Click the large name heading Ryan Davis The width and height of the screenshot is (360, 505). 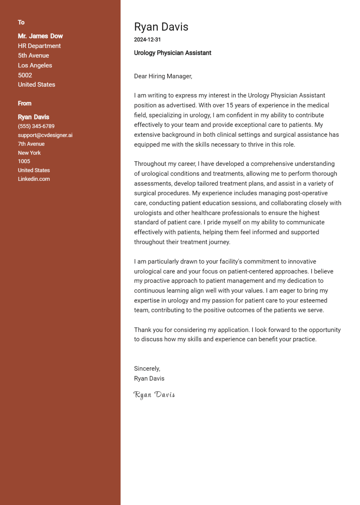(x=161, y=27)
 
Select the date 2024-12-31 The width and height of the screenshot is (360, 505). (x=147, y=40)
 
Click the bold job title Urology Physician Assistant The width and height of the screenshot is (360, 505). (x=173, y=53)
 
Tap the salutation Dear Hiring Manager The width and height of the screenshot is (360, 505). (x=163, y=76)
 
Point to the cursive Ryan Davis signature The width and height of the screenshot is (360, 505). (x=154, y=395)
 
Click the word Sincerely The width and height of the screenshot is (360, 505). (x=147, y=369)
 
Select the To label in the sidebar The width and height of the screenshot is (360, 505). (x=21, y=22)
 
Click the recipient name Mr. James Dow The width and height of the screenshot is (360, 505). (x=40, y=36)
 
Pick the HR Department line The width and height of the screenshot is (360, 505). (x=39, y=46)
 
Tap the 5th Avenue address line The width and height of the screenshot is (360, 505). (x=34, y=56)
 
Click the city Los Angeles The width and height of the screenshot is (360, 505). (x=35, y=65)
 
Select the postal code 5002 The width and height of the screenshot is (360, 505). (x=25, y=75)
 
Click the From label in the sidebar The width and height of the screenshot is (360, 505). (x=25, y=104)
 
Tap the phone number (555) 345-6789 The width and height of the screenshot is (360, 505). (x=36, y=126)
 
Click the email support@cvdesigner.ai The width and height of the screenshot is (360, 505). (x=45, y=135)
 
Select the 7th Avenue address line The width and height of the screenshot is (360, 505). (x=31, y=144)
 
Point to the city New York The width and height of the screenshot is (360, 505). (x=29, y=153)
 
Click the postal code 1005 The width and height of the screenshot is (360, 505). (x=24, y=161)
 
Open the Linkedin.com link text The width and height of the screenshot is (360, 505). (x=34, y=179)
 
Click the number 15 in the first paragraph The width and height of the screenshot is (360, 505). (x=229, y=106)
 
